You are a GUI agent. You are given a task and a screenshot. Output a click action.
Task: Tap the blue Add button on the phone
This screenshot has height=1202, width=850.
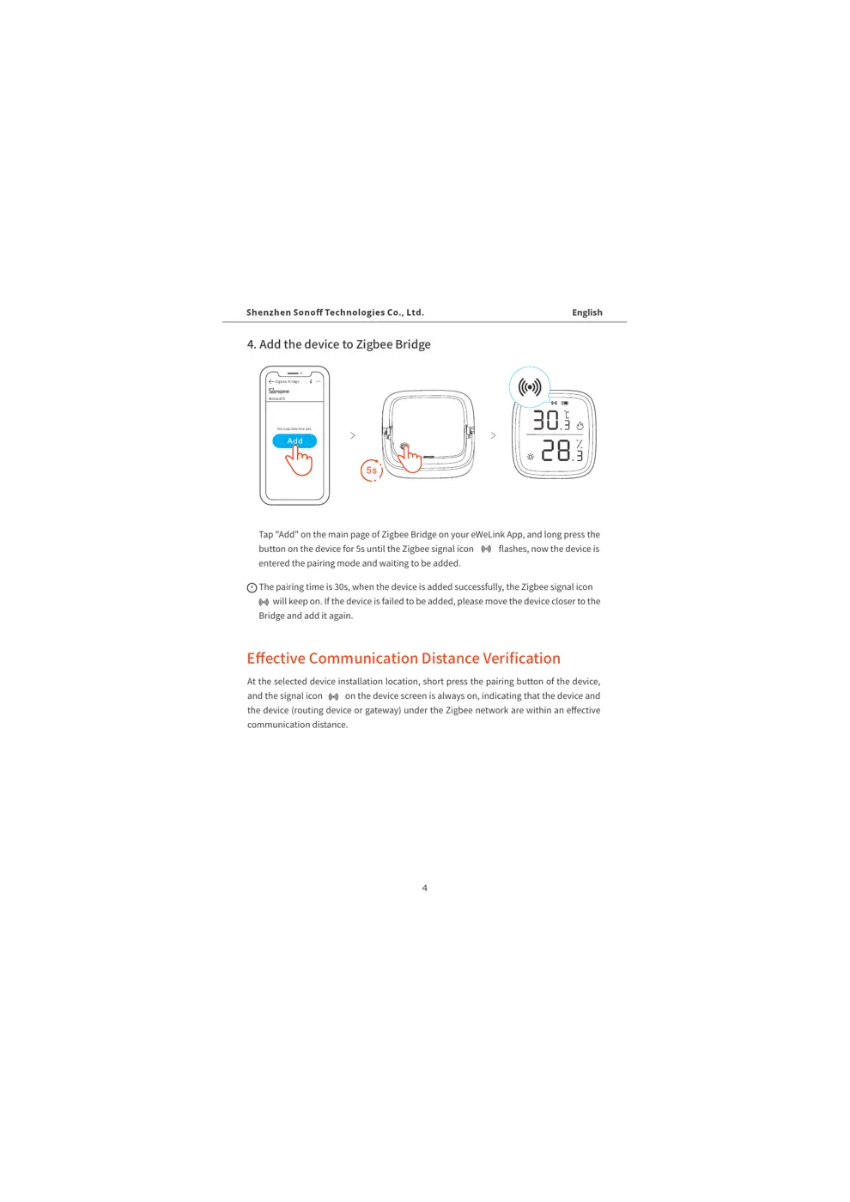pyautogui.click(x=294, y=441)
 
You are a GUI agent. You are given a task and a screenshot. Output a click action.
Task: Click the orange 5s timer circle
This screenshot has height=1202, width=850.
pyautogui.click(x=371, y=470)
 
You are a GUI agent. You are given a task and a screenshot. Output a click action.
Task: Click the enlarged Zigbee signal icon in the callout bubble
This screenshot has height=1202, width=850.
pyautogui.click(x=530, y=387)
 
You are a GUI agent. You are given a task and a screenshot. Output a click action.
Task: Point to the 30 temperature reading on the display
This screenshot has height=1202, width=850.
pyautogui.click(x=546, y=420)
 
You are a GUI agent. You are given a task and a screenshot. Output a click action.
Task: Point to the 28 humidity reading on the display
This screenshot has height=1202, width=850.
pyautogui.click(x=556, y=451)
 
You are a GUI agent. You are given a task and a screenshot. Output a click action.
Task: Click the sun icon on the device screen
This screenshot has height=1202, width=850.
pyautogui.click(x=531, y=457)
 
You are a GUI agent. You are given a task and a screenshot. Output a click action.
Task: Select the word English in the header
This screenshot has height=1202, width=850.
pyautogui.click(x=587, y=313)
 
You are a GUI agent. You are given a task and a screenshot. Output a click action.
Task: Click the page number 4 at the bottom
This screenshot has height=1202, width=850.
pyautogui.click(x=425, y=888)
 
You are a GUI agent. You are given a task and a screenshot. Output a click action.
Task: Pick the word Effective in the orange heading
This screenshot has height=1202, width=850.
pyautogui.click(x=276, y=659)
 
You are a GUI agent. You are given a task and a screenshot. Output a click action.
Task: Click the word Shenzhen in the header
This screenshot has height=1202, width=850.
pyautogui.click(x=266, y=313)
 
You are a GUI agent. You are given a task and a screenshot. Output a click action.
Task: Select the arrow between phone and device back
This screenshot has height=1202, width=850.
pyautogui.click(x=353, y=435)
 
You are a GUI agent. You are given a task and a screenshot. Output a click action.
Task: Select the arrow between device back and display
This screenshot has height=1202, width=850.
pyautogui.click(x=493, y=435)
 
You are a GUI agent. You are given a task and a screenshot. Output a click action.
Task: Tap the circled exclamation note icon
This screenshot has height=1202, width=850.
pyautogui.click(x=252, y=588)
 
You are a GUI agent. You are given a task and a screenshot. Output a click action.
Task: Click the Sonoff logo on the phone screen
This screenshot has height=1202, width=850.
pyautogui.click(x=279, y=391)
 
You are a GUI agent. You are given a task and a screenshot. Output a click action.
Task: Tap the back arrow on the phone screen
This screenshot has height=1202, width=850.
pyautogui.click(x=271, y=381)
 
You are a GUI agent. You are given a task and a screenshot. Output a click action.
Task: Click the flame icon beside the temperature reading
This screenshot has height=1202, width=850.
pyautogui.click(x=580, y=426)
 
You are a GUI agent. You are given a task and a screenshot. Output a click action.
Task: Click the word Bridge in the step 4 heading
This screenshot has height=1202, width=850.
pyautogui.click(x=413, y=344)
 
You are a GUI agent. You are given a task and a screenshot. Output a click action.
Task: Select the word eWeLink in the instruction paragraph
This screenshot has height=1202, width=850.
pyautogui.click(x=488, y=534)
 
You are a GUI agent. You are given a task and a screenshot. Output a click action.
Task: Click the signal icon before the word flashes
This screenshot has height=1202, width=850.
pyautogui.click(x=486, y=549)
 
